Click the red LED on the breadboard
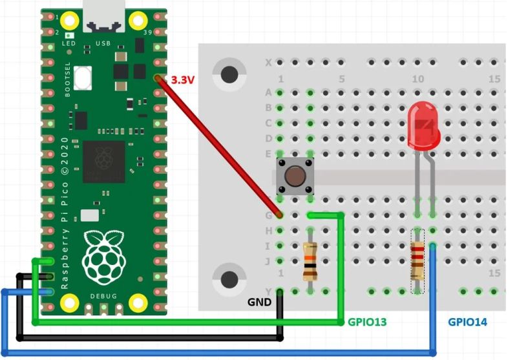coord(424,126)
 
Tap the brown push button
coord(295,176)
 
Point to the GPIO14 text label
coord(468,321)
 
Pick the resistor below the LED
coord(418,260)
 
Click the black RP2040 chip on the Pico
coord(103,161)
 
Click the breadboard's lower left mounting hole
coord(229,280)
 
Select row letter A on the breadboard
coord(268,92)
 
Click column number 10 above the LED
coord(417,79)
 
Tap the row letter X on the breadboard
coord(268,63)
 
